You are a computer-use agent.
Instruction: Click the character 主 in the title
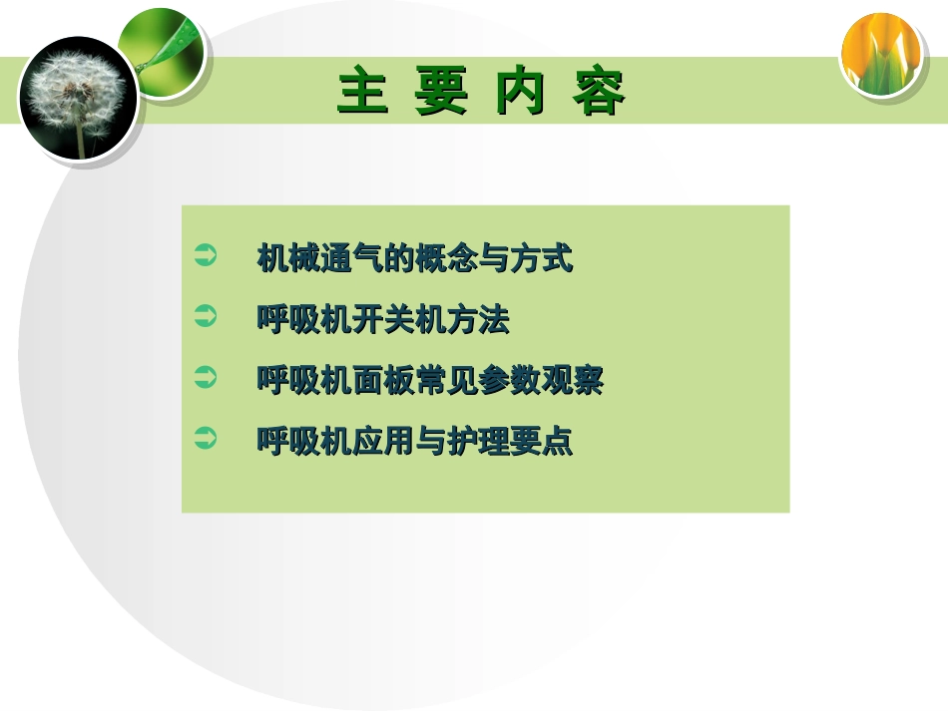tap(363, 92)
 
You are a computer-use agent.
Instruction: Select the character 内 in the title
tap(521, 92)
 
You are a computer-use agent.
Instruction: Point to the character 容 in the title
tap(600, 92)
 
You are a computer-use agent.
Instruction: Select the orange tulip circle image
tap(879, 54)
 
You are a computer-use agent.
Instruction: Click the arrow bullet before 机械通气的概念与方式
tap(205, 258)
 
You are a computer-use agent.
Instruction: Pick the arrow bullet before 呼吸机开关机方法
tap(205, 319)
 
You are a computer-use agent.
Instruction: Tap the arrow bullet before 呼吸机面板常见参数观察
tap(205, 379)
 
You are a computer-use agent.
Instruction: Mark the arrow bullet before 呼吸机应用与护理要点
tap(205, 439)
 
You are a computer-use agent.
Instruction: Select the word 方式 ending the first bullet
tap(541, 260)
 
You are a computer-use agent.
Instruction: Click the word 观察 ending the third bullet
tap(573, 380)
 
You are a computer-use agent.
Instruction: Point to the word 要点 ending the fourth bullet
tap(541, 441)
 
